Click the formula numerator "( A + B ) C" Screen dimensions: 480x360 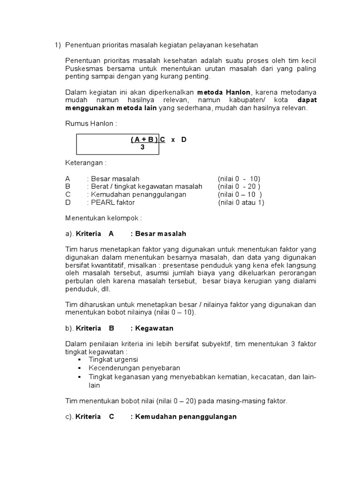pyautogui.click(x=148, y=140)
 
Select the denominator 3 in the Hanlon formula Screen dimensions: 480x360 pyautogui.click(x=142, y=147)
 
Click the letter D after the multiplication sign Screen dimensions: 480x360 pyautogui.click(x=184, y=140)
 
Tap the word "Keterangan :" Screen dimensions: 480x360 pyautogui.click(x=86, y=163)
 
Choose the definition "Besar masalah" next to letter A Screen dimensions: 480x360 pyautogui.click(x=115, y=179)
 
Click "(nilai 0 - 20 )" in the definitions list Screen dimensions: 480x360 pyautogui.click(x=239, y=187)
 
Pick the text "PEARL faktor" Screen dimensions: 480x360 pyautogui.click(x=113, y=202)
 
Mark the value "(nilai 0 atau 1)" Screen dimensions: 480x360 pyautogui.click(x=241, y=202)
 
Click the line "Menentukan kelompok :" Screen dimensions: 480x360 pyautogui.click(x=103, y=218)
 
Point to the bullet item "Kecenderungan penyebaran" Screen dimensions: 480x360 pyautogui.click(x=135, y=368)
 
